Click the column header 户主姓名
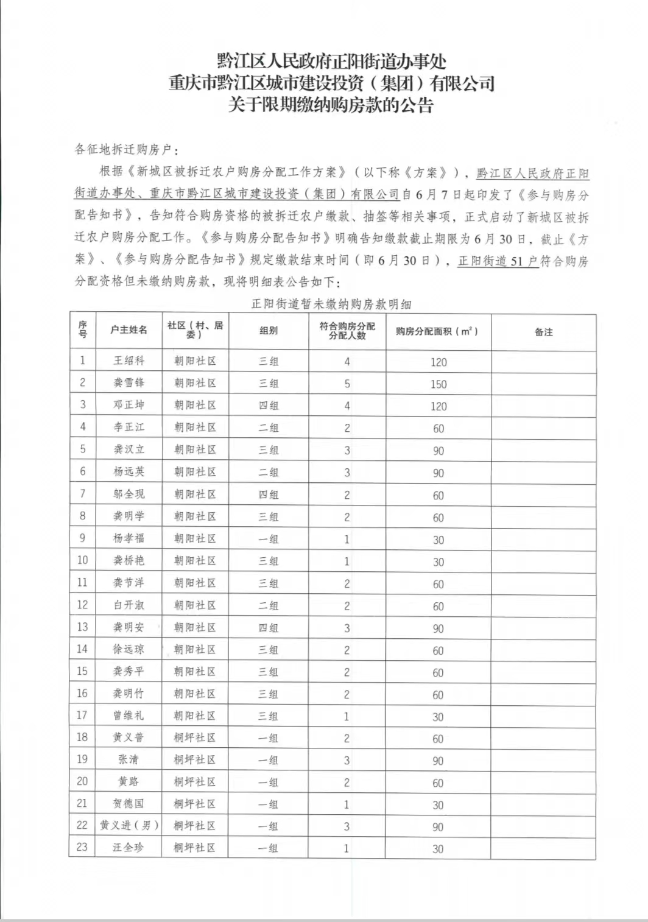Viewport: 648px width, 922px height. pos(129,329)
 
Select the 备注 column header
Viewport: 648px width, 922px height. pos(543,332)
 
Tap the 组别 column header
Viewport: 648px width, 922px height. pos(269,330)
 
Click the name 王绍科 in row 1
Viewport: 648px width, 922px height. pos(129,361)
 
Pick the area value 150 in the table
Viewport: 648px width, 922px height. pos(438,384)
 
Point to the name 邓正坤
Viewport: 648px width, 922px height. pos(129,405)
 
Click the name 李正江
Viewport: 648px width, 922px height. pos(129,427)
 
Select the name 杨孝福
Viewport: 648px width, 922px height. pos(129,538)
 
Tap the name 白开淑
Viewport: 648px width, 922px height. pos(129,605)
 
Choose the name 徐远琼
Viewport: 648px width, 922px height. pos(129,649)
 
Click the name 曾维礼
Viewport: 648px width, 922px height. pos(129,716)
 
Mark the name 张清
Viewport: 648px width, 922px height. pos(129,759)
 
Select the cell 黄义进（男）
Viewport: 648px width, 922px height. pos(129,826)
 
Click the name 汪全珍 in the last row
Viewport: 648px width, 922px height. pos(129,848)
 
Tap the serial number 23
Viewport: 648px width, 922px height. pos(82,847)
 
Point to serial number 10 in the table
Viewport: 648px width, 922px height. pos(82,560)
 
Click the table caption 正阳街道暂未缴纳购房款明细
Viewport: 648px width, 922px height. pos(331,304)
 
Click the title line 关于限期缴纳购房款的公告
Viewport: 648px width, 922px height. pos(331,105)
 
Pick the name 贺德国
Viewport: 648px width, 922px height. pos(129,804)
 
